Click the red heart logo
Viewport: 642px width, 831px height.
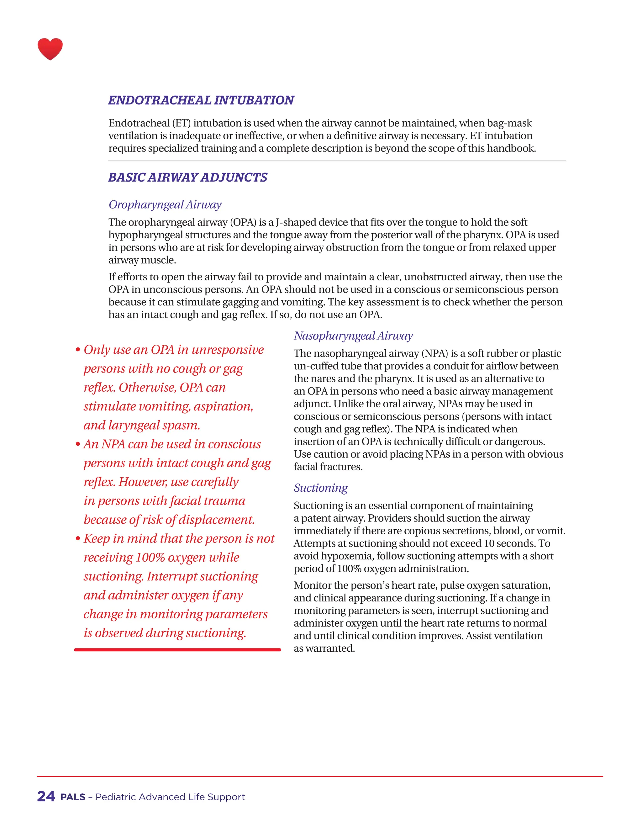50,49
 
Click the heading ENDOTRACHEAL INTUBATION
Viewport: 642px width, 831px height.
201,100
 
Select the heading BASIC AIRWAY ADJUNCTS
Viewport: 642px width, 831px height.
187,177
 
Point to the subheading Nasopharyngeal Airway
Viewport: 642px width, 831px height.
353,336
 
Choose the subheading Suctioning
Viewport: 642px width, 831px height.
321,488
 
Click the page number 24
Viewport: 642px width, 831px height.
46,797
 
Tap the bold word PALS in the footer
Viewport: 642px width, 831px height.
73,797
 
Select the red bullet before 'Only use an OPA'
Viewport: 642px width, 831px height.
78,350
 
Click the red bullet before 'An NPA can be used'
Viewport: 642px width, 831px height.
78,444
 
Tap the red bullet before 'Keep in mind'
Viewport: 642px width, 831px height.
78,539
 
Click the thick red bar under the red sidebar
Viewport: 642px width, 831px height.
177,650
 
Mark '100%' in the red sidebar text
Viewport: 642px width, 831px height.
150,558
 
